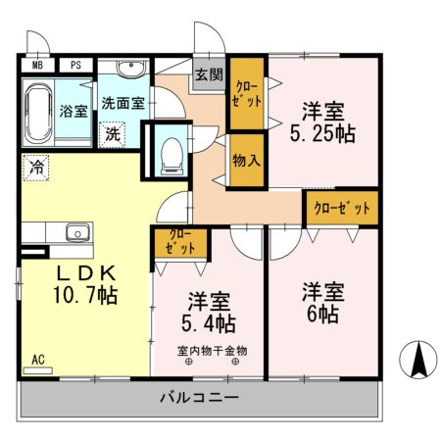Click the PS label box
coord(74,67)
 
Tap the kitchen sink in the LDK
coord(76,232)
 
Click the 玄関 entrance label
coord(208,74)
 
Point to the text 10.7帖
coord(86,294)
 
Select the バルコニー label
coord(199,398)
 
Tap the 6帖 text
coord(320,316)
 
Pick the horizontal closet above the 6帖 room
coord(342,208)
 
